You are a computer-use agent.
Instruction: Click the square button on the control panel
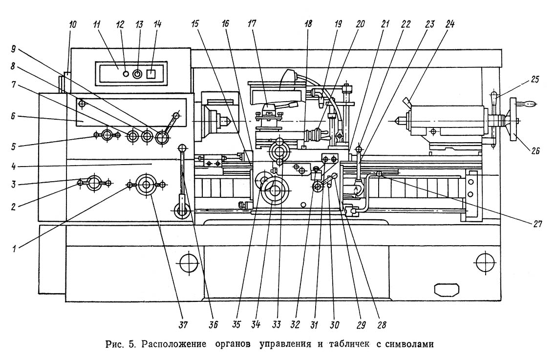point(151,74)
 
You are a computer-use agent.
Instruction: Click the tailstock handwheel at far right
point(513,120)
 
